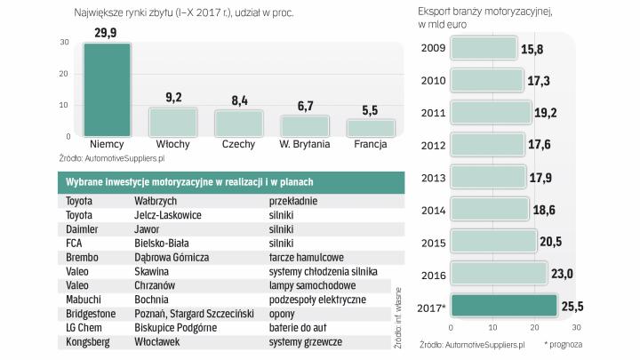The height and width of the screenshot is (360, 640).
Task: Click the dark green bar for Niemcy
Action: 107,90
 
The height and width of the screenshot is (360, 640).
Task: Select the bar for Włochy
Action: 172,122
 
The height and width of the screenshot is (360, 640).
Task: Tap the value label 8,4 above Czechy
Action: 238,100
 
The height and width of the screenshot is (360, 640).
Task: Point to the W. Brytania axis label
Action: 304,144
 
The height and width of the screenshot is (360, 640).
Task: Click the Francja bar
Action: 369,127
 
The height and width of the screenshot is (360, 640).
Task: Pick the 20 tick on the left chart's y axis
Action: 66,74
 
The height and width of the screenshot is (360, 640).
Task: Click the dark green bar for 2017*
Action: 504,305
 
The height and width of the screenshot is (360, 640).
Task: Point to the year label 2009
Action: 435,49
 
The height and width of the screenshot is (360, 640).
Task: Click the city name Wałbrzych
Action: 157,202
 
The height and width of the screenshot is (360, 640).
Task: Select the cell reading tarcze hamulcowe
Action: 308,257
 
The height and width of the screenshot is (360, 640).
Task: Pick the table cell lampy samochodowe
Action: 312,285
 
